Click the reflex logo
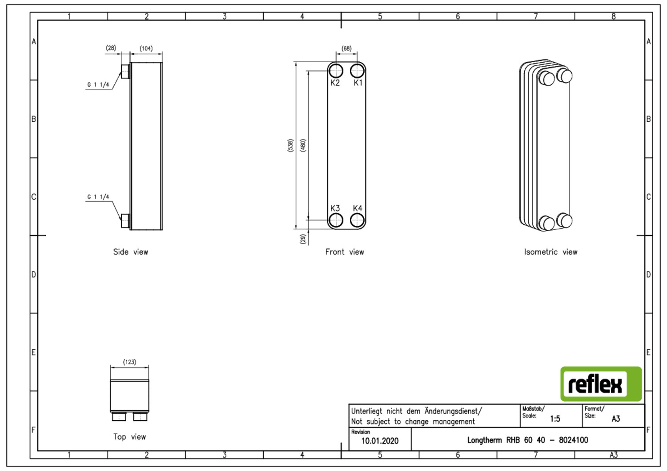[601, 384]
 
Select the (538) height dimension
[290, 145]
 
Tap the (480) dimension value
[303, 145]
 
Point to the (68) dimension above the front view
[346, 48]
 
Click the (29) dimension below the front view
[303, 239]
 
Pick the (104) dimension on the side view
[146, 48]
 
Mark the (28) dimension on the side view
[111, 48]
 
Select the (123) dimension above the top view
[129, 362]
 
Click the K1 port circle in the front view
[358, 71]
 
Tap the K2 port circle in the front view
[336, 71]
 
